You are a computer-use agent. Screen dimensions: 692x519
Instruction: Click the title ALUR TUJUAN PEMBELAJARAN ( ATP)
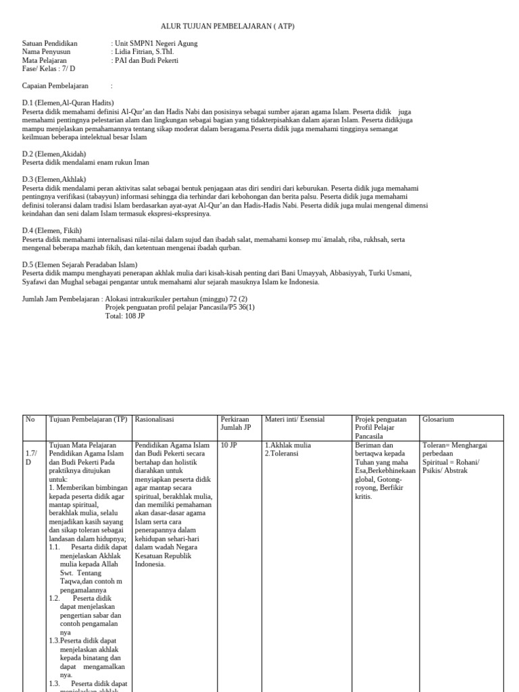pyautogui.click(x=227, y=26)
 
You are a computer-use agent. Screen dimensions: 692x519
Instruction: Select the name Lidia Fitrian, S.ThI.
pyautogui.click(x=147, y=52)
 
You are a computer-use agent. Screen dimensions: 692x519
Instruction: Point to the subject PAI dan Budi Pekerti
pyautogui.click(x=147, y=60)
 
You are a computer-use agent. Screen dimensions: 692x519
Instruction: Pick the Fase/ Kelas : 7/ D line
pyautogui.click(x=49, y=69)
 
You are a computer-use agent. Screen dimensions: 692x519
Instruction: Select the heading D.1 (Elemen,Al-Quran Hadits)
pyautogui.click(x=68, y=103)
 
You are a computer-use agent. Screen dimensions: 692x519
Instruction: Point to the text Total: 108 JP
pyautogui.click(x=125, y=316)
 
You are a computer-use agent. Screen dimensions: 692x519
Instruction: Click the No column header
pyautogui.click(x=30, y=420)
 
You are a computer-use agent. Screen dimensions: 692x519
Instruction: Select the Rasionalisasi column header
pyautogui.click(x=155, y=420)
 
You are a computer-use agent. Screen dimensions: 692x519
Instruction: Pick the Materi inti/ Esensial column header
pyautogui.click(x=295, y=420)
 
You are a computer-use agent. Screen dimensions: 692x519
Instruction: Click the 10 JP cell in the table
pyautogui.click(x=228, y=445)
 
